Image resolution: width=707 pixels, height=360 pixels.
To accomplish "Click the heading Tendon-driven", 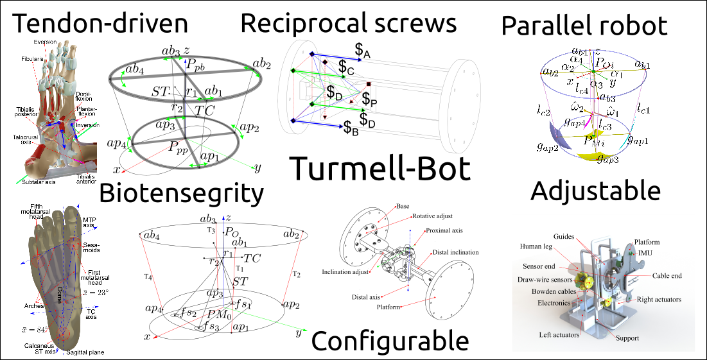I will pos(101,24).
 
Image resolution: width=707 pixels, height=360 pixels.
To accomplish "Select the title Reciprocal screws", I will pos(348,23).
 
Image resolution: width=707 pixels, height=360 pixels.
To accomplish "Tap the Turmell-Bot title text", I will pos(380,169).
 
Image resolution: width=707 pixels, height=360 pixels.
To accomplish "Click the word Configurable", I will pos(389,341).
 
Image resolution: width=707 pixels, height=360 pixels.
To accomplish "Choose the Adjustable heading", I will pos(596,191).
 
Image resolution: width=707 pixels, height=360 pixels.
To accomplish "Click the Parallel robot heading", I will pos(584,26).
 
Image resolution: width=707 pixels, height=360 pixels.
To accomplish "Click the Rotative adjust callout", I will pos(432,217).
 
